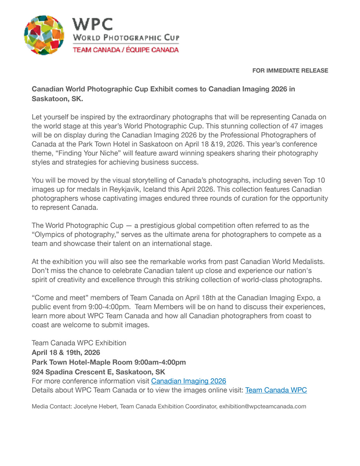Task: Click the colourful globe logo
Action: coord(43,35)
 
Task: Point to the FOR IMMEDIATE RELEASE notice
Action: coord(290,71)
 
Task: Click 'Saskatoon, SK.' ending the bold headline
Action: coord(57,99)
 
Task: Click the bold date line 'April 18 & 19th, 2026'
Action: coord(66,353)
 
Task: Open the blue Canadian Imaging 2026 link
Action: coord(188,381)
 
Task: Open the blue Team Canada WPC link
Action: coord(276,390)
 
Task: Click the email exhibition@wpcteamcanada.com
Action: coord(263,407)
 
